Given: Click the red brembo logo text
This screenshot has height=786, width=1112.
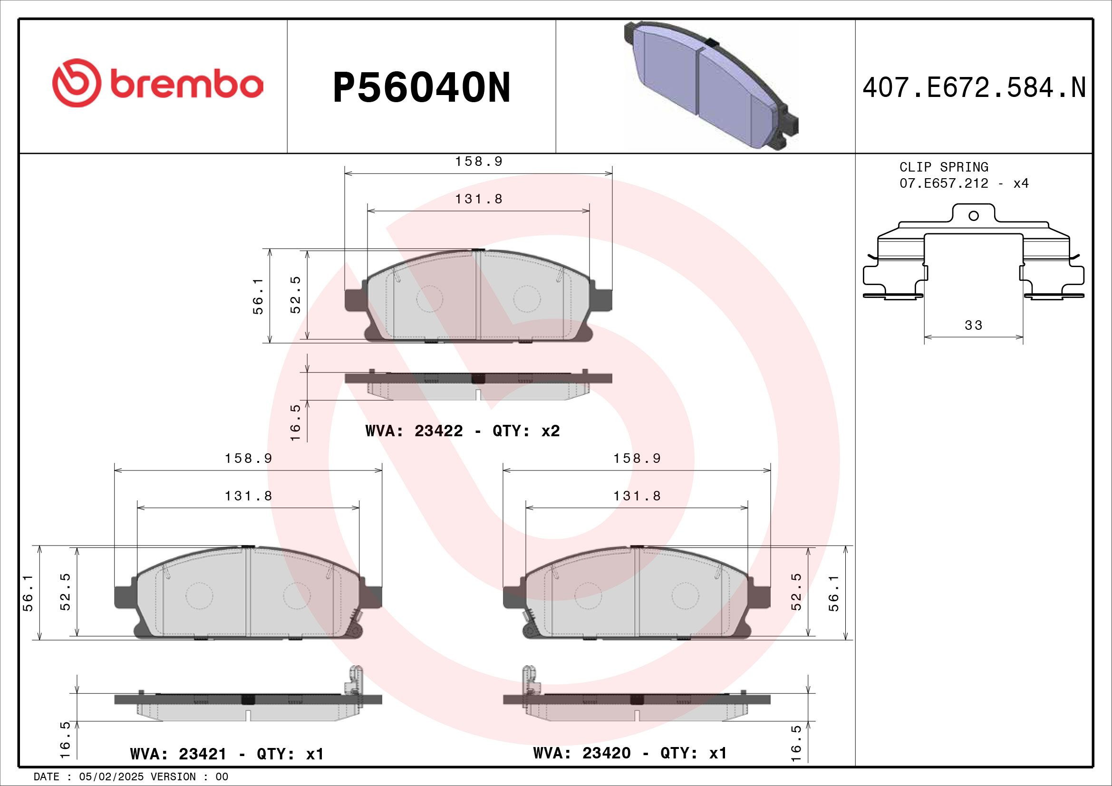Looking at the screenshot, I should tap(186, 85).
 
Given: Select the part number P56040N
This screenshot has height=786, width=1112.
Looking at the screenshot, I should tap(421, 88).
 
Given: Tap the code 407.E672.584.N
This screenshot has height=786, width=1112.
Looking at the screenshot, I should tap(974, 88).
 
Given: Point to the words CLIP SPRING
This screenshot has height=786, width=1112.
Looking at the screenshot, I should tap(943, 167).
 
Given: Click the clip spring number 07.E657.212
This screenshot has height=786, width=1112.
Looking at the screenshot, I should tap(943, 184).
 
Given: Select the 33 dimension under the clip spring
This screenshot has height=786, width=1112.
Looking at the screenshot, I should tap(974, 325).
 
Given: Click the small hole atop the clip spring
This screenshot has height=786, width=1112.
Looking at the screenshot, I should tap(974, 216).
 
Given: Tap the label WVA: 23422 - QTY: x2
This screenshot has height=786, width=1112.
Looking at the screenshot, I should tap(463, 431).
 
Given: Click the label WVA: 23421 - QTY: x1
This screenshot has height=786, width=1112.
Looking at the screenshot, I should tap(227, 754).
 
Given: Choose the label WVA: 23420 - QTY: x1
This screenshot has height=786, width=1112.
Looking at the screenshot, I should tap(629, 753).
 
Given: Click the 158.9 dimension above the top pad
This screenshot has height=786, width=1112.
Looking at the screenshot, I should tap(479, 162).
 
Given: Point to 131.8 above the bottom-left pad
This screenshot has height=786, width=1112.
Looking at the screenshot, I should tap(249, 496).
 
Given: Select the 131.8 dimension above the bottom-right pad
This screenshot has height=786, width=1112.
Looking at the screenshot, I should tap(637, 496).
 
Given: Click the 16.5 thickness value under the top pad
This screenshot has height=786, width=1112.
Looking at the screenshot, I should tap(295, 422).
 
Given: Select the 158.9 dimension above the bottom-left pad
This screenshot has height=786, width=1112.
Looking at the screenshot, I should tap(249, 458).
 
